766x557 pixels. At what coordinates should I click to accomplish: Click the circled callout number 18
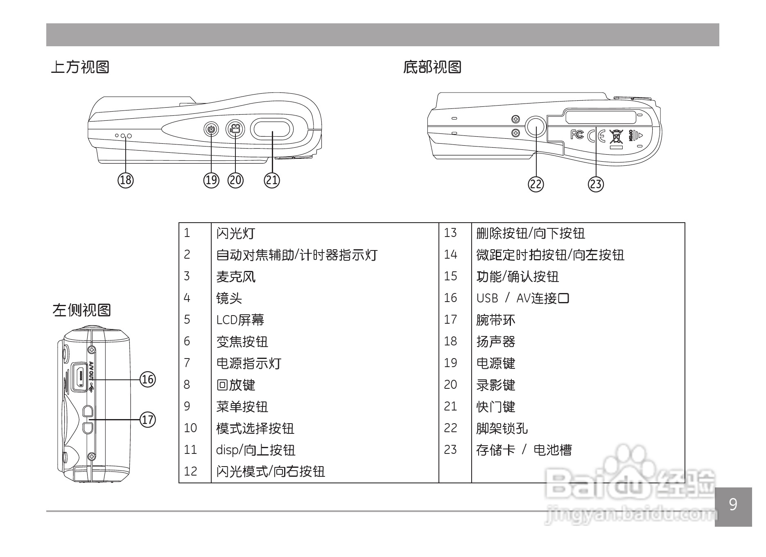coord(126,180)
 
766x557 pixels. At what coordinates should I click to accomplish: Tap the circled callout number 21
coord(272,180)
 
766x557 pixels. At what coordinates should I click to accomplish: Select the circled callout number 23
coord(596,184)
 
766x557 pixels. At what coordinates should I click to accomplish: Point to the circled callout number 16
coord(148,379)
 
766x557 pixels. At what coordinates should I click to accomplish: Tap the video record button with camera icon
coord(235,130)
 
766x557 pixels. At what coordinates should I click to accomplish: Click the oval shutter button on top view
coord(271,130)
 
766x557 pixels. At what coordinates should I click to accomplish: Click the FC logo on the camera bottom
coord(577,134)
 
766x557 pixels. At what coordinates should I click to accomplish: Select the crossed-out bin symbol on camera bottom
coord(615,137)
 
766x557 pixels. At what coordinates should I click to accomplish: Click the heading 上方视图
coord(80,67)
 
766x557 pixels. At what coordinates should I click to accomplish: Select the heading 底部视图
coord(432,67)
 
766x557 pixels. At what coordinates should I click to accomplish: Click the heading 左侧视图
coord(82,310)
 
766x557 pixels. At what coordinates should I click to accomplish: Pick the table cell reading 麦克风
coord(236,277)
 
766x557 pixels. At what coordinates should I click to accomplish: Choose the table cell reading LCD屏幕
coord(240,320)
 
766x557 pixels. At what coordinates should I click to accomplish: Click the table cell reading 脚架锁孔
coord(502,428)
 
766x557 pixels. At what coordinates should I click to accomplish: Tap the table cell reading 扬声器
coord(495,341)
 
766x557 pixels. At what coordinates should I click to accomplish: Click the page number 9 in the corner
coord(733,505)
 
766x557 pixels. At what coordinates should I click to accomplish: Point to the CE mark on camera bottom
coord(596,135)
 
